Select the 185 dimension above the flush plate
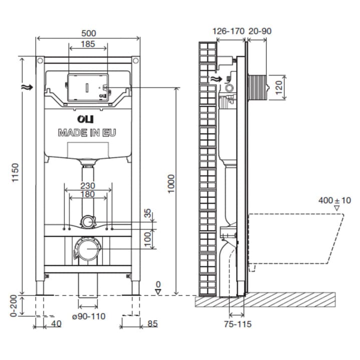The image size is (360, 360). click(x=88, y=45)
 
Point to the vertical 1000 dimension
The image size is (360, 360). click(x=171, y=184)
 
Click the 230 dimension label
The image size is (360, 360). click(x=88, y=186)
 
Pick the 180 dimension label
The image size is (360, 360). click(x=88, y=194)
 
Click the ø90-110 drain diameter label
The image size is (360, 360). click(x=89, y=316)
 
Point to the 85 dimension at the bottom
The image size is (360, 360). click(x=152, y=324)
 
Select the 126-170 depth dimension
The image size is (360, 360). click(x=228, y=31)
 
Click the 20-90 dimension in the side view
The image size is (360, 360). click(x=260, y=31)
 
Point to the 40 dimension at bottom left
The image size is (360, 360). click(x=56, y=324)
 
